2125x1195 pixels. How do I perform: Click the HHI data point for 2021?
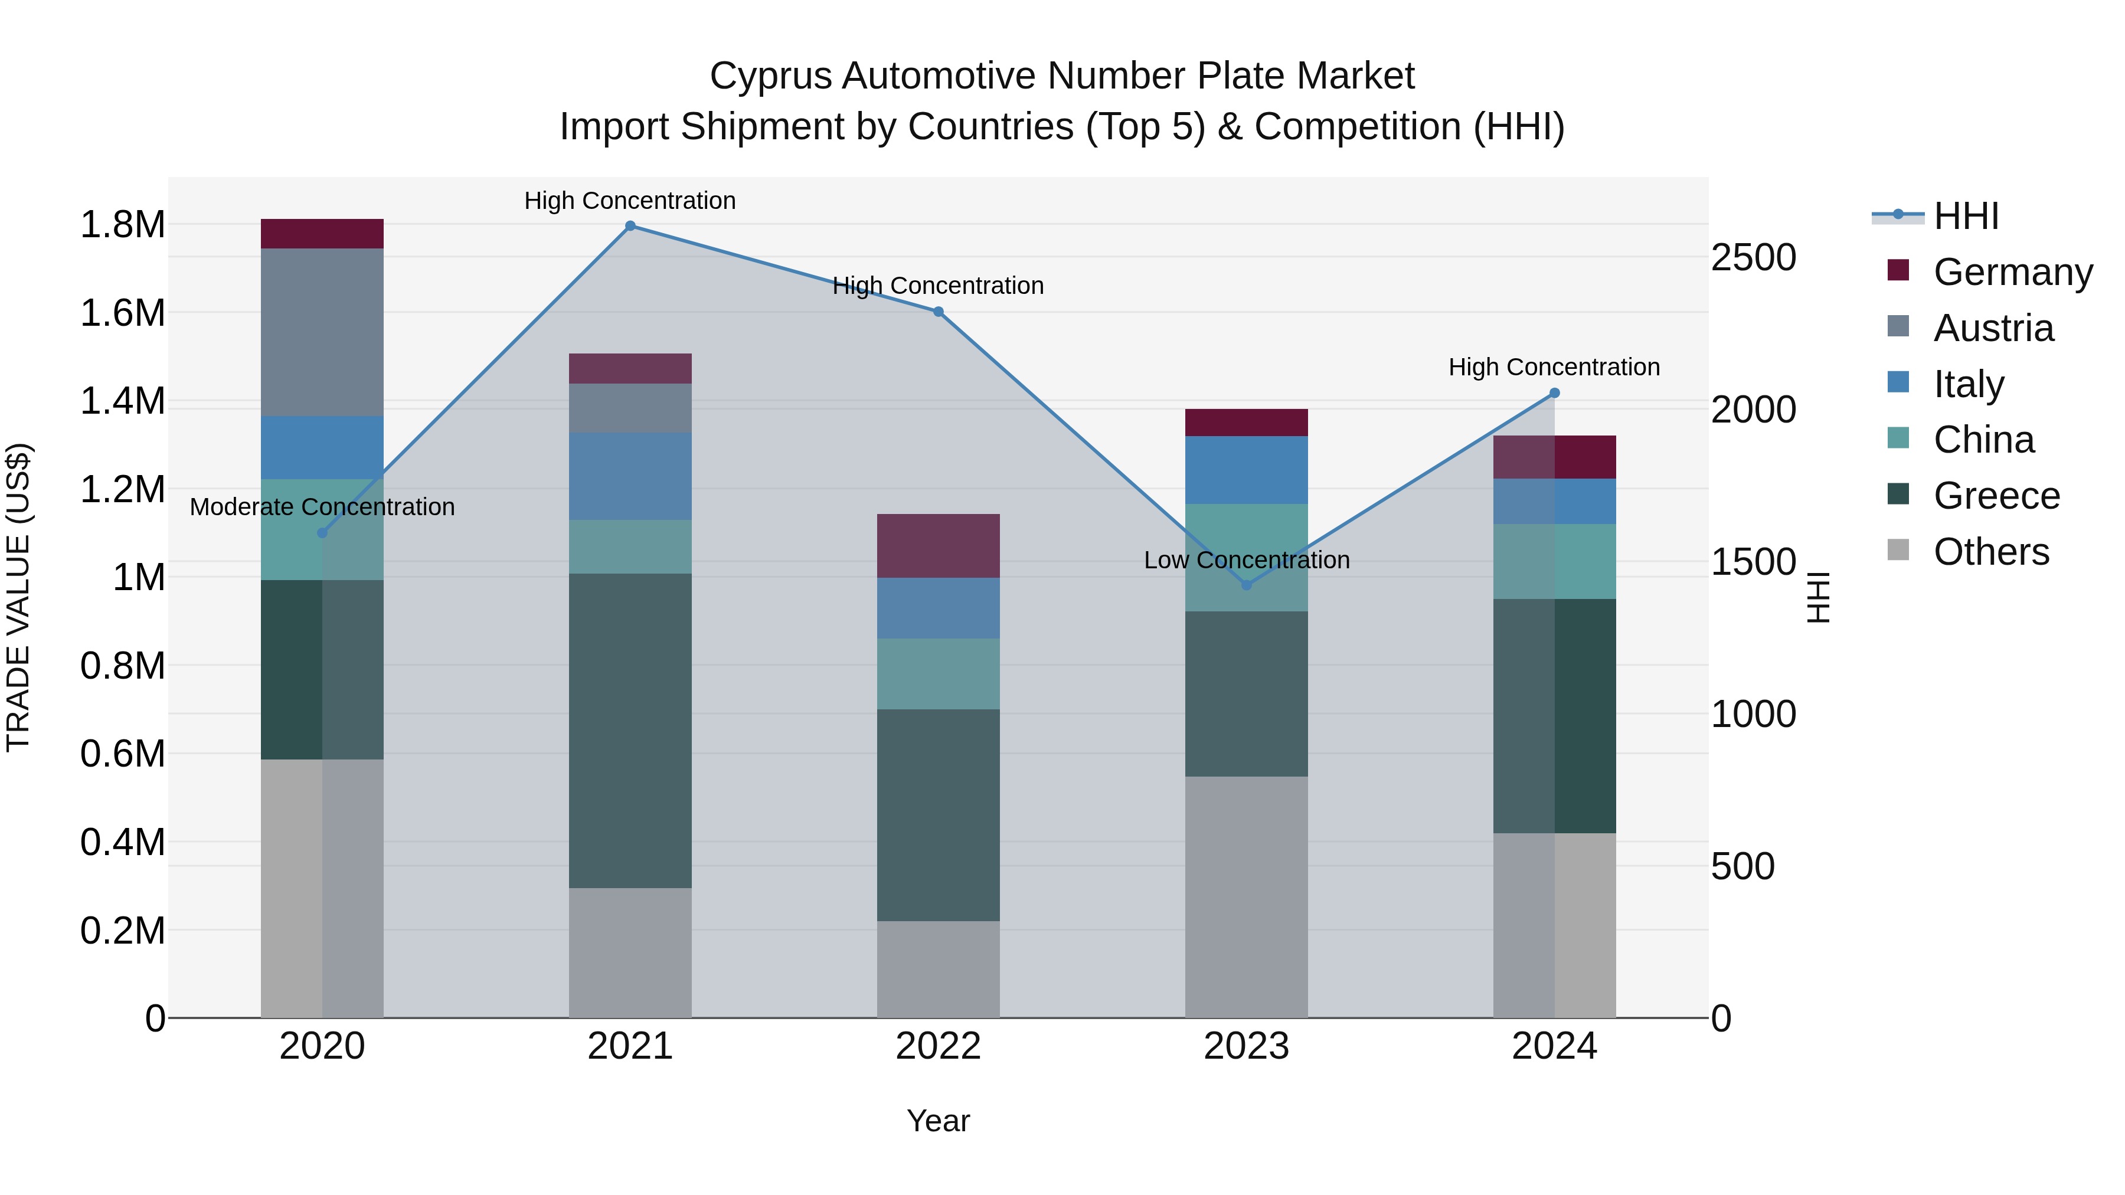[630, 226]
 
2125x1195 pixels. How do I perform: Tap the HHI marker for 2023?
[1247, 585]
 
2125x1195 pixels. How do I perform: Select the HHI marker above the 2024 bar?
[1554, 394]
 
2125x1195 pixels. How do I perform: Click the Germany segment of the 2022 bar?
[938, 545]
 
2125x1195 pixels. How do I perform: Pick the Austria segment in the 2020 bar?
[322, 332]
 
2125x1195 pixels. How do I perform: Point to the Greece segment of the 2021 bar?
[630, 730]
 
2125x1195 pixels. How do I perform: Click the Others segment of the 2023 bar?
[1247, 896]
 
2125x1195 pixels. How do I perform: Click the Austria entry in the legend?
[1992, 328]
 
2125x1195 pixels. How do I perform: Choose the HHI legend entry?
[1965, 216]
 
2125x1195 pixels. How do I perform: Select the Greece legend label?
[1996, 496]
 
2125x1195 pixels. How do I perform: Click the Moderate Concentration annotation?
[322, 506]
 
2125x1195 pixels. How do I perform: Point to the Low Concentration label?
[1247, 560]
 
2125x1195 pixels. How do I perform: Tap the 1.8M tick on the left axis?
[122, 225]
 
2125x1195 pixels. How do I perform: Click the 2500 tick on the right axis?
[1753, 257]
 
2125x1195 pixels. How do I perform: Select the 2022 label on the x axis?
[938, 1046]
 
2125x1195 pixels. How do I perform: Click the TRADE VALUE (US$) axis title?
[18, 597]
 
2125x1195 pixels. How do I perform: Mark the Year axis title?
[938, 1121]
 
